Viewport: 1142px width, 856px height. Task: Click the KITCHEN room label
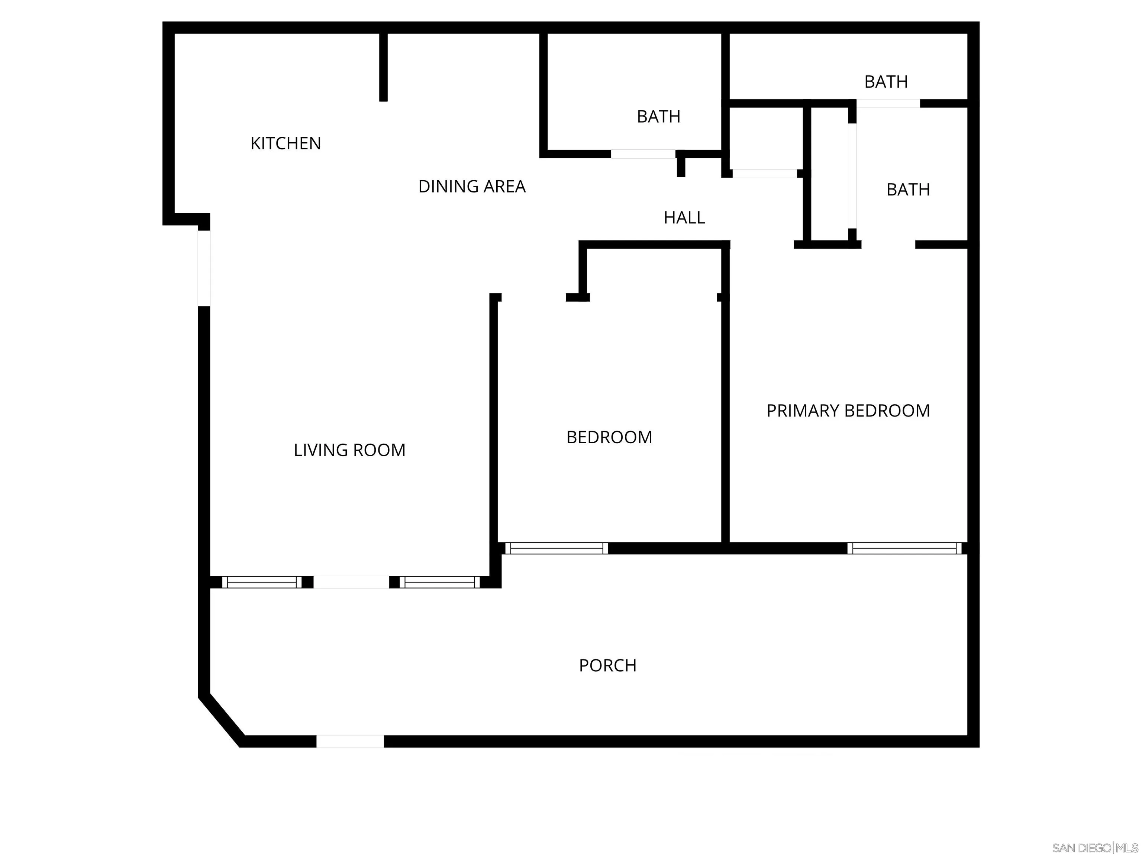click(x=285, y=143)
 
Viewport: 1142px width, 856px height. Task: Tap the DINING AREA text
click(x=471, y=186)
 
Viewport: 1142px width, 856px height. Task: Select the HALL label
click(x=684, y=218)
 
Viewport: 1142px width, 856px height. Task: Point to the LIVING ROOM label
click(x=349, y=450)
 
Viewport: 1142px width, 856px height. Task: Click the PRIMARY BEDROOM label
click(x=848, y=411)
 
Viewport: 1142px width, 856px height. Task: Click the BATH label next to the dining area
click(x=658, y=117)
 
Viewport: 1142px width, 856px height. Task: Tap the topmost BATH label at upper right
click(x=886, y=81)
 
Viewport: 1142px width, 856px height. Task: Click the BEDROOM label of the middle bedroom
click(x=609, y=437)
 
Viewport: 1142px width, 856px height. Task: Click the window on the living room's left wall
click(x=204, y=268)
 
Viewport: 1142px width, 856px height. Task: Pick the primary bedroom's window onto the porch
click(x=904, y=548)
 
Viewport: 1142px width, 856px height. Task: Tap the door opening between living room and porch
click(x=351, y=582)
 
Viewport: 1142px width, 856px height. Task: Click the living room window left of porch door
click(x=262, y=582)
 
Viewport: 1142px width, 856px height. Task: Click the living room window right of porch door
click(x=440, y=582)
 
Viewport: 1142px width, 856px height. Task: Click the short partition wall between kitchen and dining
click(x=383, y=67)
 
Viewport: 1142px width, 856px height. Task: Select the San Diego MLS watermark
click(x=1094, y=848)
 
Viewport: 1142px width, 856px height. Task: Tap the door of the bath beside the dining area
click(x=643, y=154)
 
